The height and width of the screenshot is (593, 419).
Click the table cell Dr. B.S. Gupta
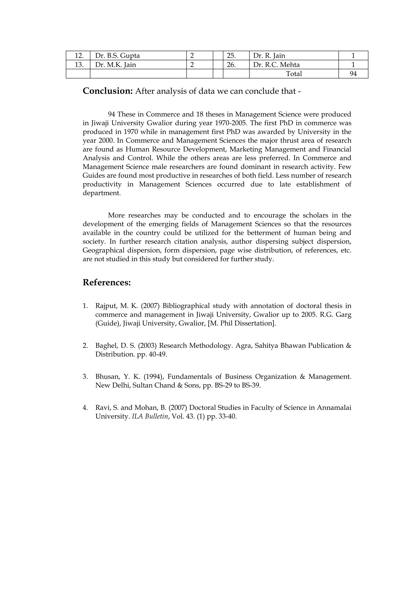point(117,55)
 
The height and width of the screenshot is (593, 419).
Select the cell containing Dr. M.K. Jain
point(115,65)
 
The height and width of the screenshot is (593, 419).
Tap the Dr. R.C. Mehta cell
point(276,65)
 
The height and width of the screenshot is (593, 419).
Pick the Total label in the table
point(294,74)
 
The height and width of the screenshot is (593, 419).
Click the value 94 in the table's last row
point(353,74)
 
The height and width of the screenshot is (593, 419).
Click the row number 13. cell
point(79,65)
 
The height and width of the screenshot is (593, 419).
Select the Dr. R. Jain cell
point(269,55)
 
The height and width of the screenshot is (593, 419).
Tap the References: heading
point(107,282)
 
